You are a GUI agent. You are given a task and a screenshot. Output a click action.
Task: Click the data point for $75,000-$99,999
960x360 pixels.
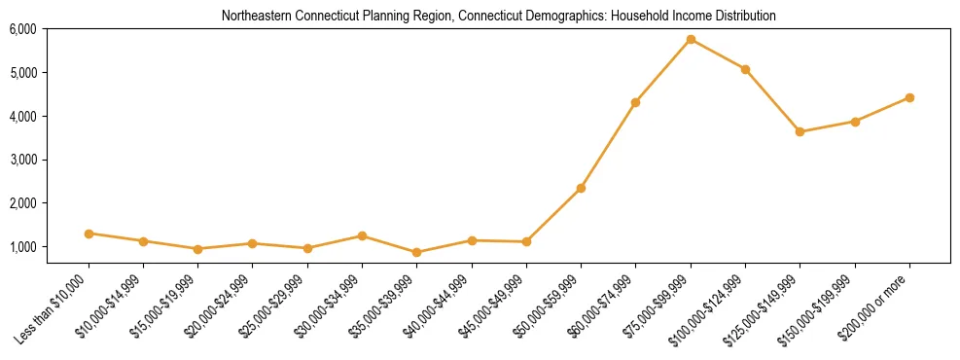point(691,40)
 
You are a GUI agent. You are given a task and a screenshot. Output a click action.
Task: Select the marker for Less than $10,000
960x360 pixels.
point(89,234)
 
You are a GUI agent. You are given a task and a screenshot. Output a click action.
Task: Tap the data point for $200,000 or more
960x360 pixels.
point(909,97)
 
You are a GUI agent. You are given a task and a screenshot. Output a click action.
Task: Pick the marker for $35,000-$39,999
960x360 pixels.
point(417,253)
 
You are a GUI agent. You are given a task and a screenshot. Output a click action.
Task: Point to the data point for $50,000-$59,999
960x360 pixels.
point(581,188)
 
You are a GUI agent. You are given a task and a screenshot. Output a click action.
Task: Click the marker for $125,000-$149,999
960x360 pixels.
point(800,131)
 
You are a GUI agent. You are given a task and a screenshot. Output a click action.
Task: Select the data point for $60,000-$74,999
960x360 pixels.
point(635,102)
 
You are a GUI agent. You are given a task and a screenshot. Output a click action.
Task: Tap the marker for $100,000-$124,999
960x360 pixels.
point(745,69)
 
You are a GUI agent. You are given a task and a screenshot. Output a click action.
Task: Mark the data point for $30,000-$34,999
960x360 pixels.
point(362,235)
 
